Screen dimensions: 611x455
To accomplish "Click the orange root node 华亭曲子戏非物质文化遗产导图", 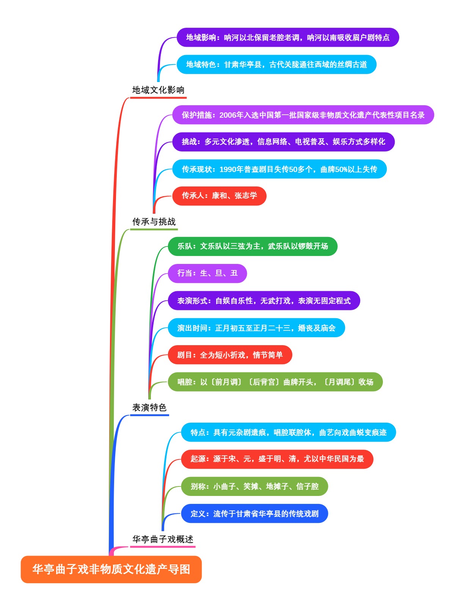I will pyautogui.click(x=111, y=569).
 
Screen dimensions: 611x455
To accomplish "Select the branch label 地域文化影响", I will pyautogui.click(x=158, y=90).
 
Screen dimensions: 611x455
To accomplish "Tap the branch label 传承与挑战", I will pyautogui.click(x=154, y=222).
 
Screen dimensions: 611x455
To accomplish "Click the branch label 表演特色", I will pyautogui.click(x=149, y=407).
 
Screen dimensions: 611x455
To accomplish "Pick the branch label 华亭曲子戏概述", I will pyautogui.click(x=163, y=539).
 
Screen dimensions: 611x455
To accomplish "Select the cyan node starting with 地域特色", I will pyautogui.click(x=276, y=65).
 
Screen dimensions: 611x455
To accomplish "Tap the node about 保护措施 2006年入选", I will pyautogui.click(x=303, y=115).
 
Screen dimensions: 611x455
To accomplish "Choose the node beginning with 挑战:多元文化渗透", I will pyautogui.click(x=283, y=142).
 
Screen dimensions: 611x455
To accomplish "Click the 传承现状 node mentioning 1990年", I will pyautogui.click(x=279, y=169).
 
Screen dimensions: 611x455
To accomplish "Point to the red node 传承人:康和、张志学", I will pyautogui.click(x=219, y=196).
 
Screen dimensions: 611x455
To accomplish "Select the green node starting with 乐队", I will pyautogui.click(x=253, y=246).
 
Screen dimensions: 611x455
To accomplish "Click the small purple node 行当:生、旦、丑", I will pyautogui.click(x=207, y=273).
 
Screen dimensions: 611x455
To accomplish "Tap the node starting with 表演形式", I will pyautogui.click(x=264, y=301).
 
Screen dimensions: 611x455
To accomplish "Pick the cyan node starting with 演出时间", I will pyautogui.click(x=256, y=328).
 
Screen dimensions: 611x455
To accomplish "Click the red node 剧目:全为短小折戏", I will pyautogui.click(x=230, y=355).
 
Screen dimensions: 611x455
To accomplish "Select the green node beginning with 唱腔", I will pyautogui.click(x=275, y=382).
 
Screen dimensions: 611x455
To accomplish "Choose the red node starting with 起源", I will pyautogui.click(x=277, y=459).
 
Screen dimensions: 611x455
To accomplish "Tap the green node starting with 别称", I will pyautogui.click(x=254, y=486).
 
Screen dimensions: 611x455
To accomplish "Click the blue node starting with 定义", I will pyautogui.click(x=254, y=514).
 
